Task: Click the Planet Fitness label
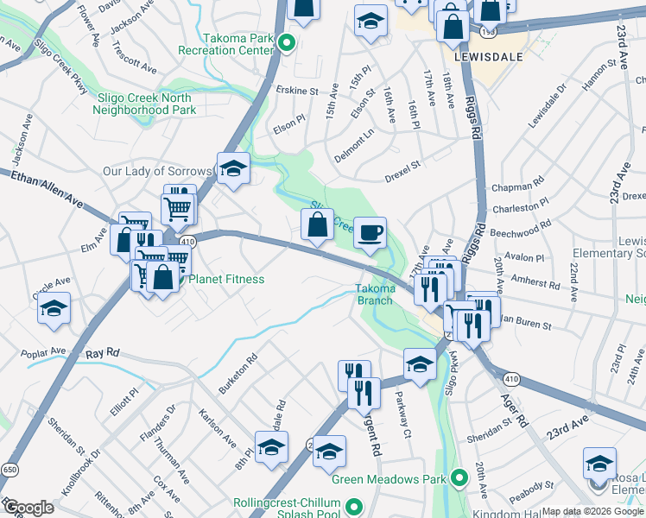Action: point(227,280)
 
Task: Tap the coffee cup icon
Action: point(370,232)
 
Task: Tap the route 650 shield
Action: point(9,469)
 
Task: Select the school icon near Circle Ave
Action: point(54,308)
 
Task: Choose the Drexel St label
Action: point(402,164)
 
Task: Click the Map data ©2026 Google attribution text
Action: point(592,511)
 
